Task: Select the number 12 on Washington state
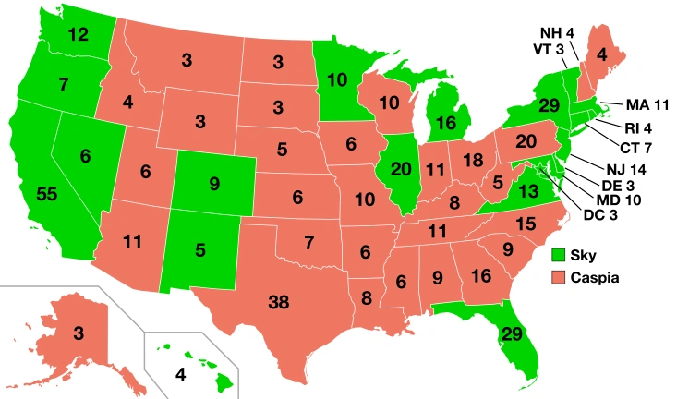click(79, 34)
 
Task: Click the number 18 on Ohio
click(471, 160)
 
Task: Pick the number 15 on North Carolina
click(526, 223)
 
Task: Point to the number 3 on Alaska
click(80, 332)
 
